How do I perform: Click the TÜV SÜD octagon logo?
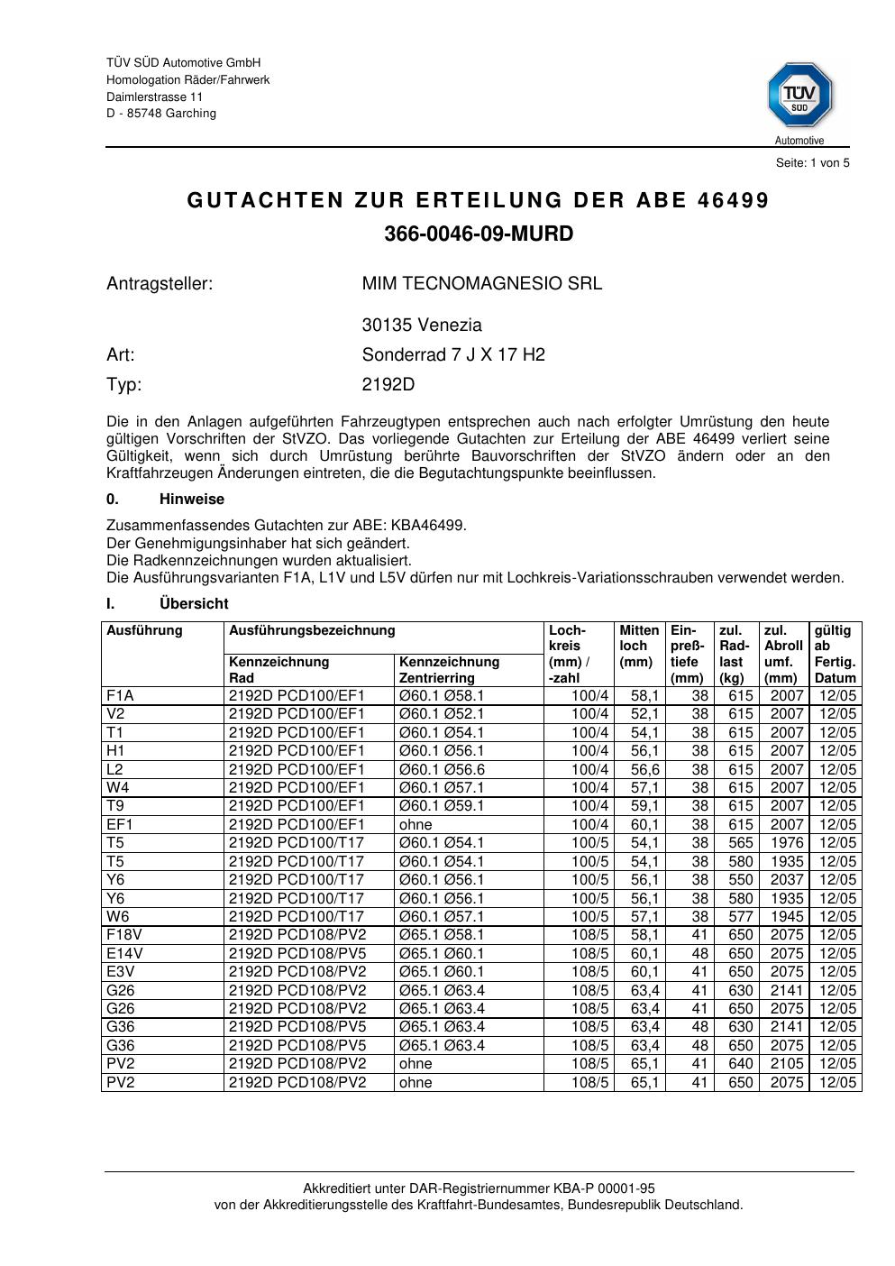[799, 95]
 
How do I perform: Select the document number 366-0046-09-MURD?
[479, 234]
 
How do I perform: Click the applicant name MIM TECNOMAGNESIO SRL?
[482, 283]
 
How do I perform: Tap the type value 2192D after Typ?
[388, 385]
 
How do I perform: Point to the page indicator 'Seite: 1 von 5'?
[812, 163]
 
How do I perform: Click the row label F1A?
[120, 696]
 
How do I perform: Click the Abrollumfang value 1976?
[786, 843]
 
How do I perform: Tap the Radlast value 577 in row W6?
[740, 917]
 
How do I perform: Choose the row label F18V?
[124, 935]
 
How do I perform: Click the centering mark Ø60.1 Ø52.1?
[442, 714]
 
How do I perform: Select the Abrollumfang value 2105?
[786, 1064]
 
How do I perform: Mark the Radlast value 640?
[740, 1064]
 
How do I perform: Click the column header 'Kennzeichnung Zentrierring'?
[449, 670]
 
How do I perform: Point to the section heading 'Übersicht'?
[194, 604]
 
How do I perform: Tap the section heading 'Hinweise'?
[192, 500]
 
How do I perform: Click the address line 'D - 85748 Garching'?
[161, 114]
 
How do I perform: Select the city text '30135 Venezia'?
[422, 325]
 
